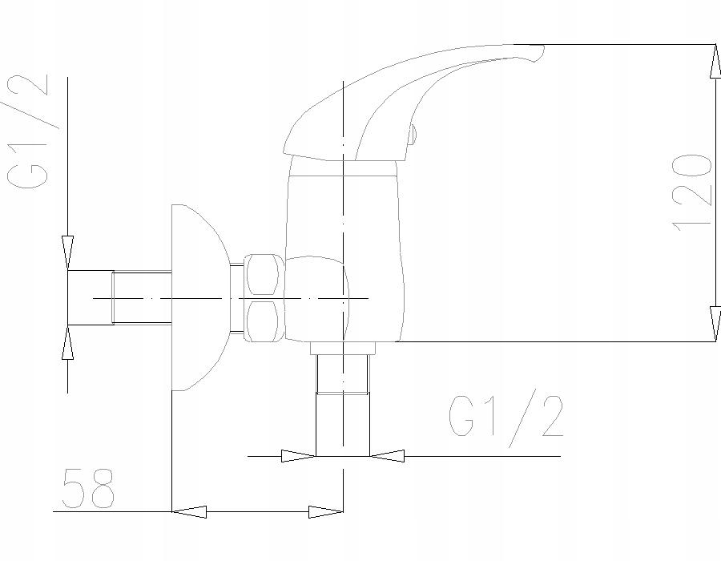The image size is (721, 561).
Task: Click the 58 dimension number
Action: (x=88, y=488)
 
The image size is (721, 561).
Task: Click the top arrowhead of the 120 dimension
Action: (x=715, y=61)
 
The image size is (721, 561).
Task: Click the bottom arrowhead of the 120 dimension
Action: (x=715, y=325)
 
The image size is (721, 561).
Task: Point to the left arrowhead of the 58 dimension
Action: (x=189, y=511)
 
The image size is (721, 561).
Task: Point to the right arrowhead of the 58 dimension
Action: (x=326, y=511)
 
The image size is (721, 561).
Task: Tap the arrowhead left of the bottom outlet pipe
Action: (x=299, y=456)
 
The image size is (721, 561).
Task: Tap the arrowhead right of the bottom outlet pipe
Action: (x=387, y=456)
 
